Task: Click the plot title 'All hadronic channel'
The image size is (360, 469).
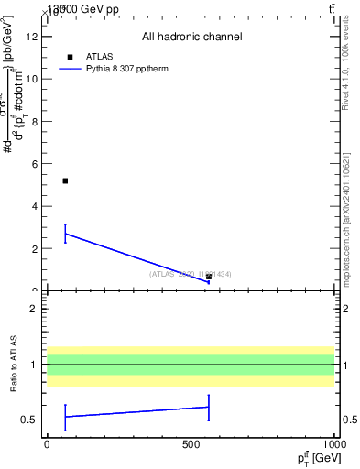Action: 191,37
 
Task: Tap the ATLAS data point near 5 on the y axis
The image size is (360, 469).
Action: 65,180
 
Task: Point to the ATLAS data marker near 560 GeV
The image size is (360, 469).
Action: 209,277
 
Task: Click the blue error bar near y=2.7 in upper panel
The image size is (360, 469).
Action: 65,234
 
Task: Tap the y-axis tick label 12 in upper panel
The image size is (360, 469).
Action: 32,37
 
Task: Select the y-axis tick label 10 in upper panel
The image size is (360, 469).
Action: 32,79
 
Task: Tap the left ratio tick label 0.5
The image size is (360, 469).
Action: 30,420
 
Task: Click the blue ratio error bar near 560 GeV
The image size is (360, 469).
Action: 209,408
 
